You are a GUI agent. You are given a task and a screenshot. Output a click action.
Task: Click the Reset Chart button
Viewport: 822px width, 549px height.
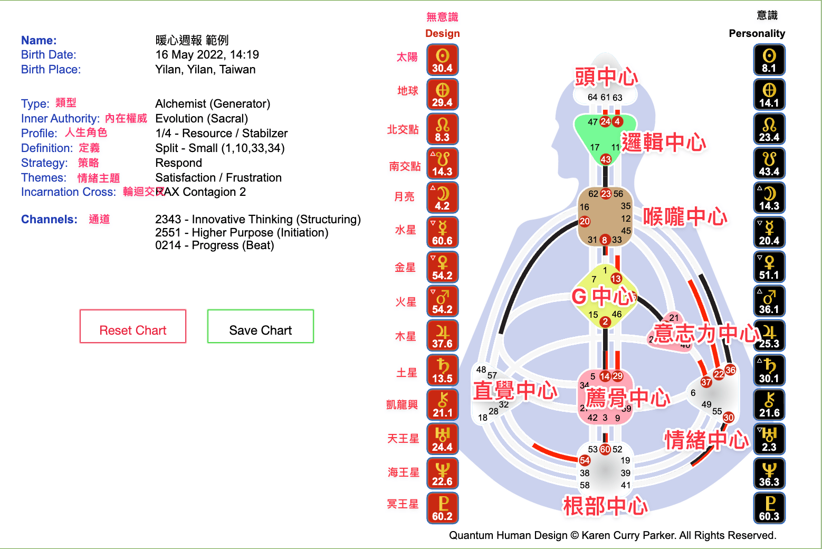pos(133,326)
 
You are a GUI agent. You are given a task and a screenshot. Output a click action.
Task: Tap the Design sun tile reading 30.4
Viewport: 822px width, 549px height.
pos(442,60)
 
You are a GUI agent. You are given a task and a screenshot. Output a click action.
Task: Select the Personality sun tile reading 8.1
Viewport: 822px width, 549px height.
pos(769,60)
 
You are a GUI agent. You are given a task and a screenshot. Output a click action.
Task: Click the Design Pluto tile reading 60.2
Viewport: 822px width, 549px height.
pos(442,508)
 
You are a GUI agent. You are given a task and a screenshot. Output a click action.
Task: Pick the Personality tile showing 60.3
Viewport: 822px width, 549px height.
pos(769,508)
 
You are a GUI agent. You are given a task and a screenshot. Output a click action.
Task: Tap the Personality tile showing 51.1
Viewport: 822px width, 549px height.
pos(769,267)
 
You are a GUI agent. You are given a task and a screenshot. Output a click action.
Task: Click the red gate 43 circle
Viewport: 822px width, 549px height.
pos(606,159)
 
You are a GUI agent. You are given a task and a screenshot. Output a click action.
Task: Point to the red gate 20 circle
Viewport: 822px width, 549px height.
pos(585,221)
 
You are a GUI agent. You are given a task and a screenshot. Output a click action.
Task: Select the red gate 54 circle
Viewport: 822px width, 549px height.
pos(585,460)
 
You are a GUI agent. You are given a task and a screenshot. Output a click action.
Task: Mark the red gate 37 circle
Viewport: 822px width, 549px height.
pos(706,382)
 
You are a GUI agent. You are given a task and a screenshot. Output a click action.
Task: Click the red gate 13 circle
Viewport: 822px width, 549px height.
pos(616,278)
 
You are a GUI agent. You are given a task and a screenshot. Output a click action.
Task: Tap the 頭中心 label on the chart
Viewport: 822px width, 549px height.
pos(606,77)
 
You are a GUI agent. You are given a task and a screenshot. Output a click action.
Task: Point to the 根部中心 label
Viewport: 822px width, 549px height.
pos(605,506)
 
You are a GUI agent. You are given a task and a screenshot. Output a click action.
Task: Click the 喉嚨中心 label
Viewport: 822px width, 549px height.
pos(685,216)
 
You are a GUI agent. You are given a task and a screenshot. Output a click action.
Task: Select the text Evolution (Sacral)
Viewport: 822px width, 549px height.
pos(202,118)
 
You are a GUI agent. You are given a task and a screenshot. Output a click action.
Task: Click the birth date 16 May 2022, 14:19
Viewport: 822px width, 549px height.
pos(207,54)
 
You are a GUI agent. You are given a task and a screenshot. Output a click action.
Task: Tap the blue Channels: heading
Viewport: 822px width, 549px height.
pos(49,219)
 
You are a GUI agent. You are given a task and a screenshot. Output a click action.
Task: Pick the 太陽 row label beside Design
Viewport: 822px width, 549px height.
pos(407,57)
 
